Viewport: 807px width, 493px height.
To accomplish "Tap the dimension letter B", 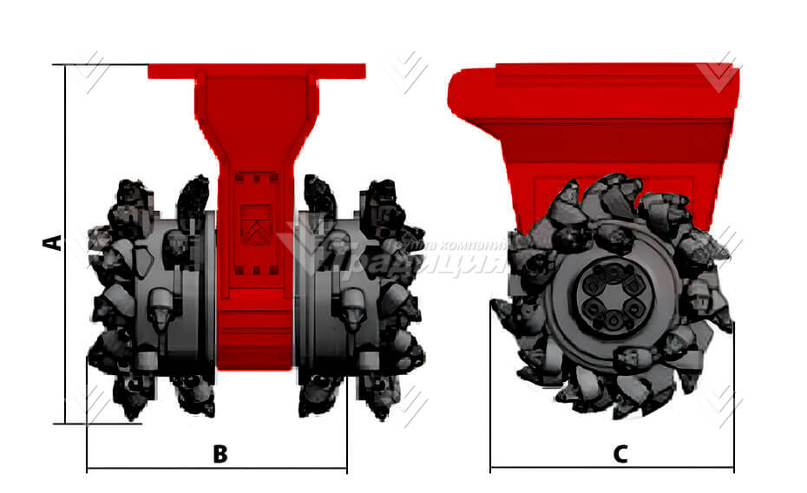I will click(220, 453).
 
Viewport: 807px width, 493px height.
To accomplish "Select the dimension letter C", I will click(620, 453).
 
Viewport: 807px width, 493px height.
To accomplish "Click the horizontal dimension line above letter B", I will click(217, 470).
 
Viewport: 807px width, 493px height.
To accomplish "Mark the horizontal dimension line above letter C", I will click(612, 470).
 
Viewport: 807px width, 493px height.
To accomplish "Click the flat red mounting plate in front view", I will click(256, 71).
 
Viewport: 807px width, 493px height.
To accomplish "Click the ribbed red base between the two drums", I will click(255, 339).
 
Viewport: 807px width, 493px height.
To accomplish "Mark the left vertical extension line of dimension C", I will click(490, 399).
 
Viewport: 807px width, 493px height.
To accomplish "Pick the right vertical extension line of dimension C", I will click(733, 399).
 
